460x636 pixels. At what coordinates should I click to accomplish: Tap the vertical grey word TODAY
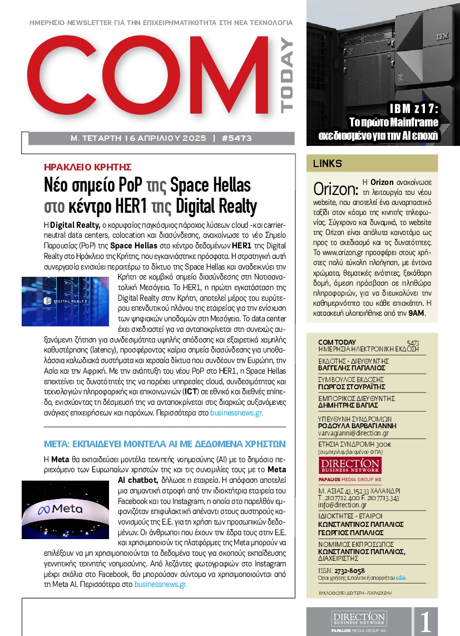click(286, 76)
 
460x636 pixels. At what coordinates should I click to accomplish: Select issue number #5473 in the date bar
click(236, 138)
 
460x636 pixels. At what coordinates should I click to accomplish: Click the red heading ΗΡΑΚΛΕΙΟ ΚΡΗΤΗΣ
click(87, 167)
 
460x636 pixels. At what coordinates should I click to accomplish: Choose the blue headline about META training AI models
click(165, 444)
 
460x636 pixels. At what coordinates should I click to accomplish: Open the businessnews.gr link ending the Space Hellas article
click(235, 414)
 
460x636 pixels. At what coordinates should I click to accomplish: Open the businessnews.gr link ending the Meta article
click(160, 585)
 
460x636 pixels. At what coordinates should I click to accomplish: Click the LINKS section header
click(328, 164)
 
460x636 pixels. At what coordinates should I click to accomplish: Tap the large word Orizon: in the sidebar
click(335, 188)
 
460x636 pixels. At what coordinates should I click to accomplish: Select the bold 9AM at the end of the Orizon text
click(416, 314)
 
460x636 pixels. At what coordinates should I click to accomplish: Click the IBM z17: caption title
click(413, 109)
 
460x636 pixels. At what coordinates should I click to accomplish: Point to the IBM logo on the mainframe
click(442, 36)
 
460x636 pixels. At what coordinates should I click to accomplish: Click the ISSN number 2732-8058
click(349, 570)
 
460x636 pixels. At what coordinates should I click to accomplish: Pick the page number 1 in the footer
click(426, 622)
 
